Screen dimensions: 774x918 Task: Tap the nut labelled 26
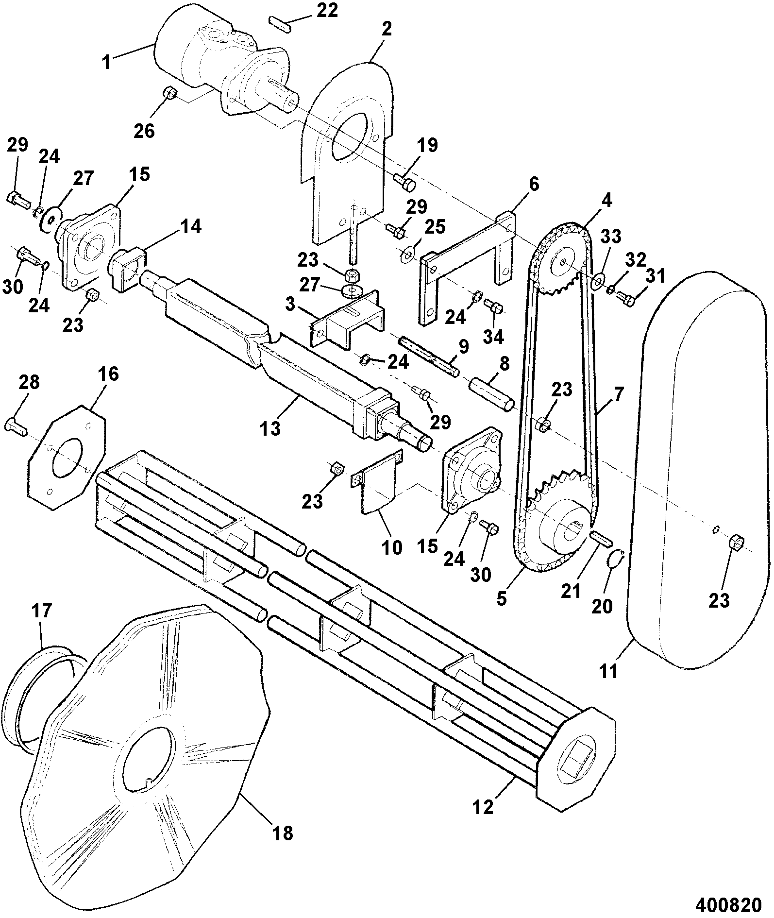point(169,93)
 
